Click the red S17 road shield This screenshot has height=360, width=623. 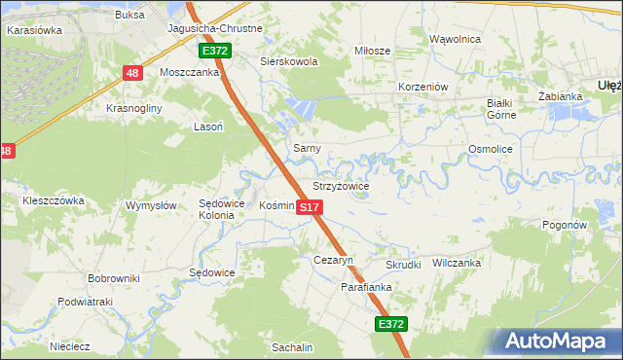point(309,207)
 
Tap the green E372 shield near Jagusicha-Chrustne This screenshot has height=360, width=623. point(215,50)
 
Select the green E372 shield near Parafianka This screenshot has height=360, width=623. point(389,324)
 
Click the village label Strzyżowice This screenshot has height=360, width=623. point(340,185)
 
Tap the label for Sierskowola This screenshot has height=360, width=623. point(289,60)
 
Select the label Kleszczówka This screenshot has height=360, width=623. point(54,200)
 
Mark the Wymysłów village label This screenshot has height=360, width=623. point(151,205)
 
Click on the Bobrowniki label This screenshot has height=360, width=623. point(114,278)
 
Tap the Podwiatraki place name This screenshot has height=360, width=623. point(86,302)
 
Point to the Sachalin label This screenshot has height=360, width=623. point(292,347)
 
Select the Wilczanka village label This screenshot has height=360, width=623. point(457,263)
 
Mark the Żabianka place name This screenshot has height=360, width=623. point(559,96)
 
